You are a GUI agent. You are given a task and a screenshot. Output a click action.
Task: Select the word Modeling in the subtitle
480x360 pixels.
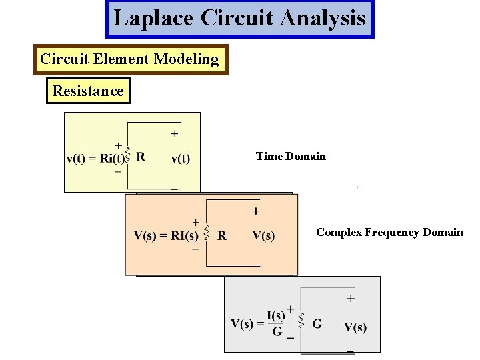[186, 59]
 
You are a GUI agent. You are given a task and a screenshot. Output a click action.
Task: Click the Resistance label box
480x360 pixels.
[88, 91]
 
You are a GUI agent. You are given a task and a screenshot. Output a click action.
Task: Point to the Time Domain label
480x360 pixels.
[291, 157]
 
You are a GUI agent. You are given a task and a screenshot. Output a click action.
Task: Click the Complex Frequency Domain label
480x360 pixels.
[389, 232]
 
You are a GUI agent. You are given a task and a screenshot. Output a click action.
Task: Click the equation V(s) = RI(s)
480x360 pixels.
[166, 235]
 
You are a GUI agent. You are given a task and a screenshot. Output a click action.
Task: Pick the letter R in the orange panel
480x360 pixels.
[222, 235]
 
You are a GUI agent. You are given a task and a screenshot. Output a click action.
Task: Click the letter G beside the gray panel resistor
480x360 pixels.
[317, 324]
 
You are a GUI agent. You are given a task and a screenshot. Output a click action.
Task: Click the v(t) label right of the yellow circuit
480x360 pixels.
[180, 159]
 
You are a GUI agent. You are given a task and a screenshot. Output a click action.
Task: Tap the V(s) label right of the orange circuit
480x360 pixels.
[263, 235]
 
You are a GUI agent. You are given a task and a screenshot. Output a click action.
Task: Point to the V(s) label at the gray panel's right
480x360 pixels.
[355, 327]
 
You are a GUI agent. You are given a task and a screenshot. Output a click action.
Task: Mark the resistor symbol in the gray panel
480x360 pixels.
[301, 323]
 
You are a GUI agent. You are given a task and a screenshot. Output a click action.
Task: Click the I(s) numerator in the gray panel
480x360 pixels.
[276, 315]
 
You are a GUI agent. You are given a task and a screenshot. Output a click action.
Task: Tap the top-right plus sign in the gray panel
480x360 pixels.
[351, 299]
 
